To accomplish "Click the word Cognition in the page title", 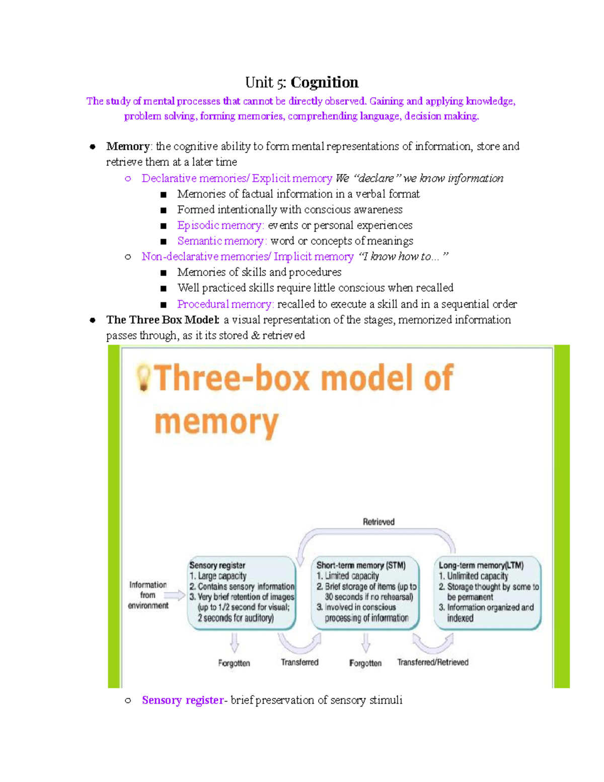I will [325, 82].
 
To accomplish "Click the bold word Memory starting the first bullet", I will [128, 147].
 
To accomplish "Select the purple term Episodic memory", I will [220, 225].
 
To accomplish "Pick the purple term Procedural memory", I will [225, 304].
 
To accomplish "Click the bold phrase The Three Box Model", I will [163, 320].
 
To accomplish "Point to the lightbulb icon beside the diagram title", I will [144, 378].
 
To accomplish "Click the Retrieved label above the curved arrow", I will [379, 522].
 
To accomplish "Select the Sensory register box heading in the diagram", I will [217, 565].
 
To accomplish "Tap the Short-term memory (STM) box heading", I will [361, 565].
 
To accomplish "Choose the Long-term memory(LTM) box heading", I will [481, 565].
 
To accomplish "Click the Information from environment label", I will [148, 595].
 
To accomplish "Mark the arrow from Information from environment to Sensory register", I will [175, 595].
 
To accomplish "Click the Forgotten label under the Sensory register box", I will [234, 663].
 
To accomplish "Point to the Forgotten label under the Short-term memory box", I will [365, 663].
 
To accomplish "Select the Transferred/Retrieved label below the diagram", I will [433, 662].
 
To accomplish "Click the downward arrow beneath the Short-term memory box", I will [366, 643].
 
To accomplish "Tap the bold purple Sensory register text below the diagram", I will [183, 700].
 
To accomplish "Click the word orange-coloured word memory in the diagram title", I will [216, 422].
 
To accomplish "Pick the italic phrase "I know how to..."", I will [403, 257].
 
